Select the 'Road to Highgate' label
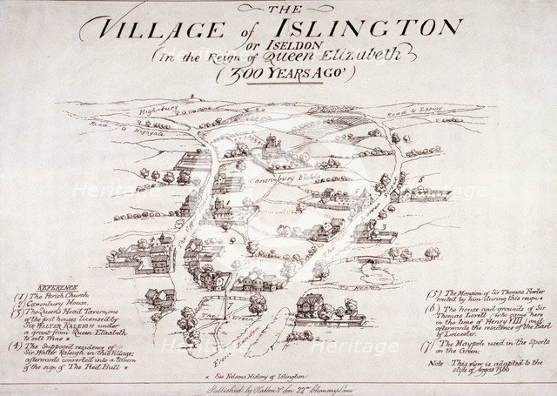(110, 131)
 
